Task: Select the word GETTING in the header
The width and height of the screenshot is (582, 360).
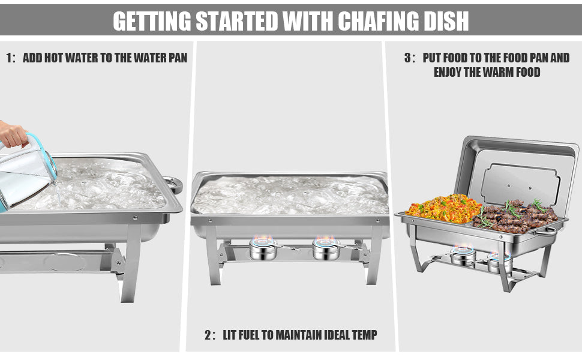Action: pyautogui.click(x=152, y=21)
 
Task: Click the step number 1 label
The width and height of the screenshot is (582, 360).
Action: pyautogui.click(x=9, y=58)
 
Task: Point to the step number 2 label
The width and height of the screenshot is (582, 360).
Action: pyautogui.click(x=209, y=335)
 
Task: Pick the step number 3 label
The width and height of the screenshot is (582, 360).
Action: pyautogui.click(x=408, y=58)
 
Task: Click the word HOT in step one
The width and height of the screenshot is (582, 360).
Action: pyautogui.click(x=53, y=58)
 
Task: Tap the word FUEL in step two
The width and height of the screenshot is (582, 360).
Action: pyautogui.click(x=248, y=335)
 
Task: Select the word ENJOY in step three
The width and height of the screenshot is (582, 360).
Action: pyautogui.click(x=448, y=72)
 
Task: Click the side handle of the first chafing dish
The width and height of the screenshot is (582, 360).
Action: pyautogui.click(x=174, y=184)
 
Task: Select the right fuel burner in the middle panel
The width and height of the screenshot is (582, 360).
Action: pyautogui.click(x=326, y=248)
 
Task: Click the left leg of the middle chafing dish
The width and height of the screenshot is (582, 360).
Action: pyautogui.click(x=212, y=256)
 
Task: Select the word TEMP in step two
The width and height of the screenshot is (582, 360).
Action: pyautogui.click(x=364, y=335)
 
